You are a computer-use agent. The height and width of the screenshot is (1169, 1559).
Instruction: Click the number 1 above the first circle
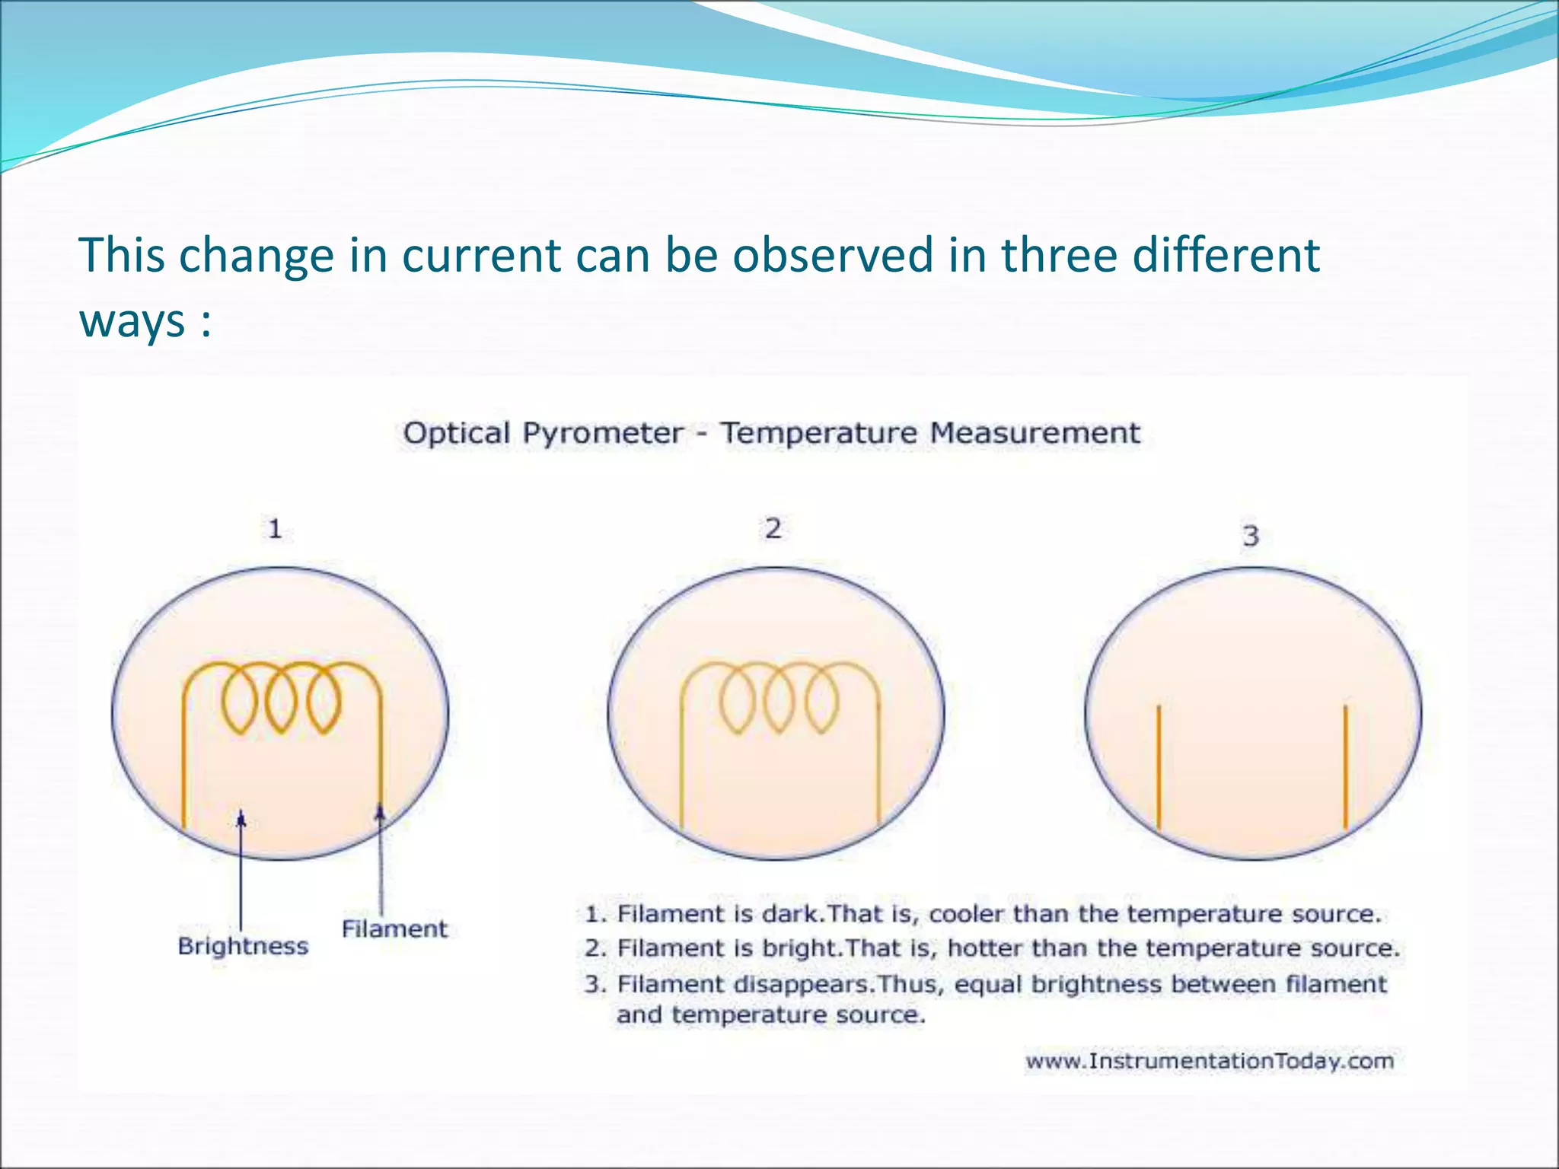click(275, 528)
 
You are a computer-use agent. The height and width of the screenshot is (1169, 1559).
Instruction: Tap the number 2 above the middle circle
click(773, 527)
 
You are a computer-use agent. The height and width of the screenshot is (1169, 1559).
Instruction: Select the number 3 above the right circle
click(1251, 536)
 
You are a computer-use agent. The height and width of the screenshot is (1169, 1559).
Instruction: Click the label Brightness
click(243, 946)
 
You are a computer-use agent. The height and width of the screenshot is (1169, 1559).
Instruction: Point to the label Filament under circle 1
click(394, 929)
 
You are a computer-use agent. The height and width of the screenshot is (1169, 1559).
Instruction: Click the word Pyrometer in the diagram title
click(602, 433)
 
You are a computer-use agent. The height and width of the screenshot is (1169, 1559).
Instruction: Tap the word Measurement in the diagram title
click(1035, 433)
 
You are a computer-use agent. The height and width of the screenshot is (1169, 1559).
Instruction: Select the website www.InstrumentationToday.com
click(1209, 1061)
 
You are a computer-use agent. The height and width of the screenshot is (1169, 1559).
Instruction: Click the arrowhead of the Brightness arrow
click(241, 819)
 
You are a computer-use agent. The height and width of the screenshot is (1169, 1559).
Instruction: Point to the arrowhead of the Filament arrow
click(380, 814)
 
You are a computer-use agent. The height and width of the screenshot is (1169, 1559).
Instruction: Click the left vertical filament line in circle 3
click(1158, 766)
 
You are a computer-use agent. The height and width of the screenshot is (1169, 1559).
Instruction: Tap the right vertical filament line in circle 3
click(1345, 766)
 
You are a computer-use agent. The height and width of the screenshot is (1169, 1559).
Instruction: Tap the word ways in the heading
click(132, 321)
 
